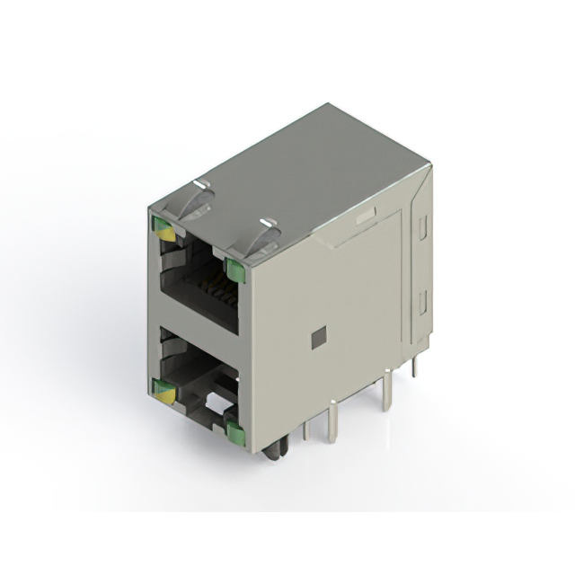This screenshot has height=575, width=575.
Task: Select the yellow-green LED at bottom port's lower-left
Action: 163,391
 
